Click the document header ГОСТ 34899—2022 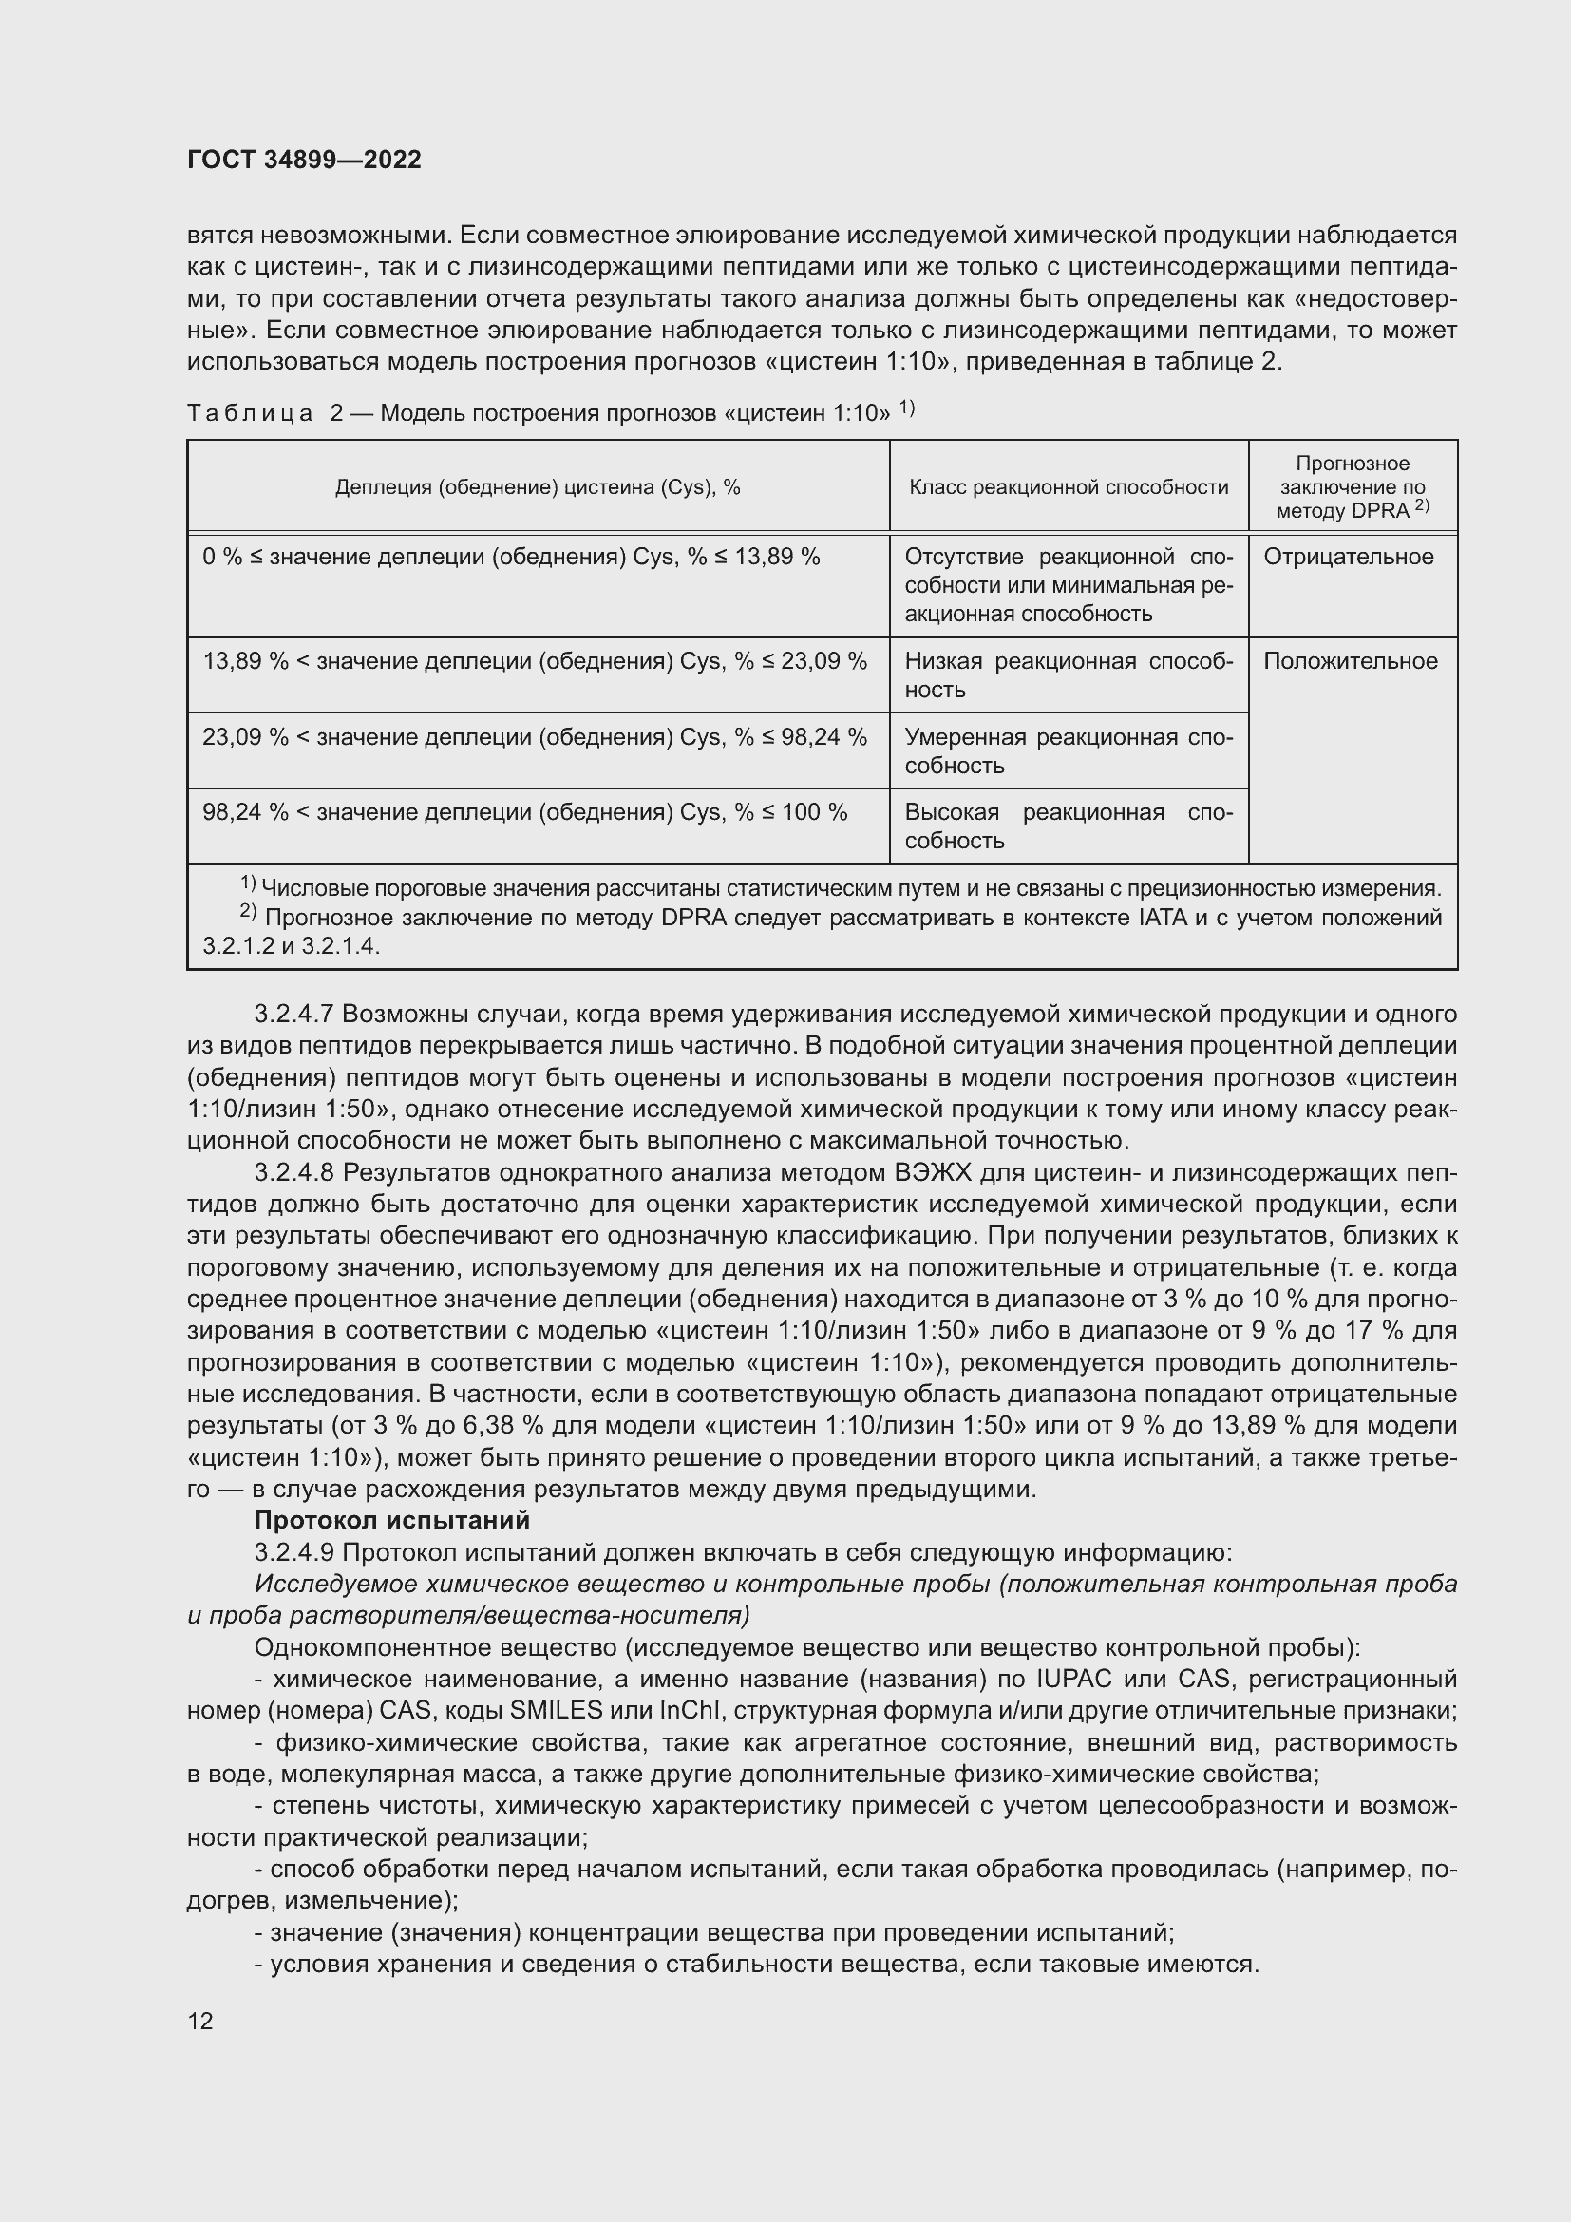point(304,160)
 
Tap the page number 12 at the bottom point(200,2021)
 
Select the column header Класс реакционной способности point(1068,487)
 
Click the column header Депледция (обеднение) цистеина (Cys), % point(537,487)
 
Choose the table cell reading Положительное point(1350,662)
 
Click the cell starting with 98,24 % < point(524,813)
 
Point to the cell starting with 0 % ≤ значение point(511,558)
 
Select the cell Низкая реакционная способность point(1068,675)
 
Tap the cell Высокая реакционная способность point(1068,826)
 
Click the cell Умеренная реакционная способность point(1068,751)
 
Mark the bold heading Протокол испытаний point(391,1520)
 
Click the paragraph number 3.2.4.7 point(293,1015)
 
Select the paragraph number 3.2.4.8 point(293,1173)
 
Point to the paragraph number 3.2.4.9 point(293,1552)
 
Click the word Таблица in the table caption point(250,414)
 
